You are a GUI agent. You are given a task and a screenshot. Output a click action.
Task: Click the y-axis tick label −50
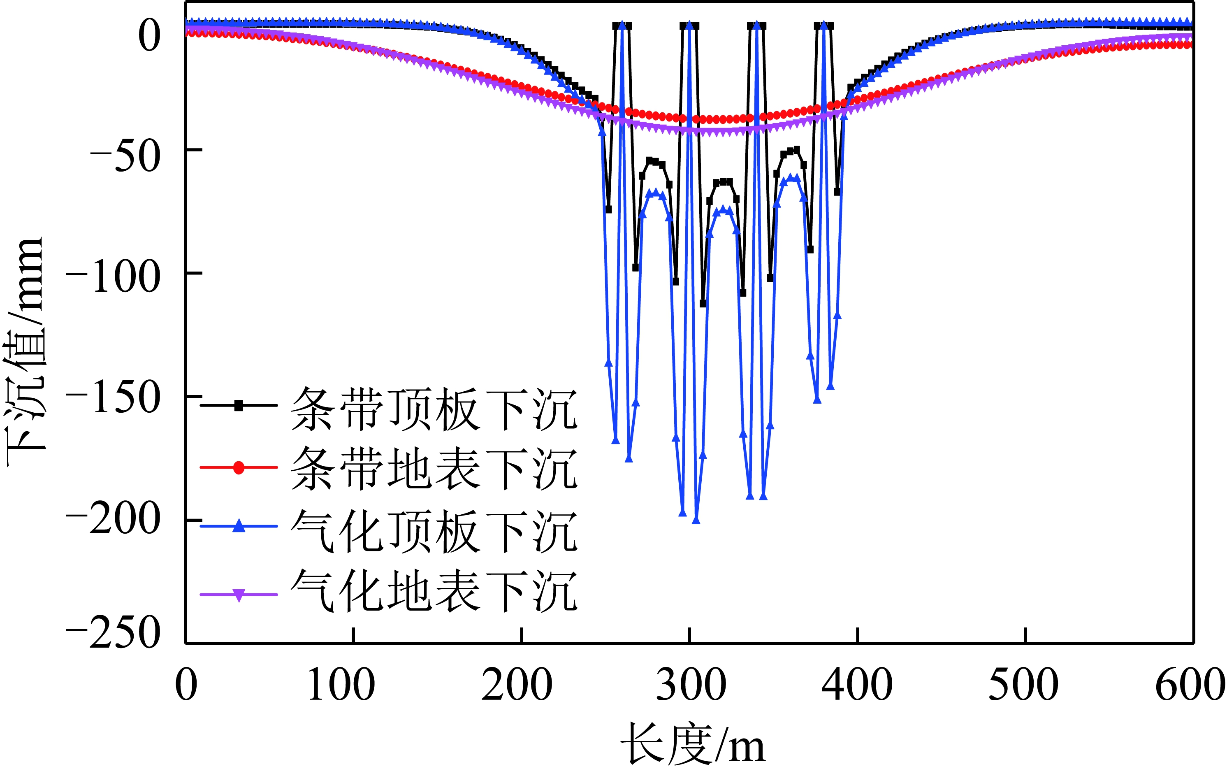click(125, 156)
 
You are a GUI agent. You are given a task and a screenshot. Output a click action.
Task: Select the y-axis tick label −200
click(114, 522)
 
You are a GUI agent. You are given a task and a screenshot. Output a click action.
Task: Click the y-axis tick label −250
click(114, 633)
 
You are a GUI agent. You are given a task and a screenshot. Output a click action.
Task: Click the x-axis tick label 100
click(341, 686)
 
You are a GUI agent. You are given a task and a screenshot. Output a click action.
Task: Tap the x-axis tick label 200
click(517, 686)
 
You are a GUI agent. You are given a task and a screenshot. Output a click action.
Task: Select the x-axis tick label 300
click(691, 686)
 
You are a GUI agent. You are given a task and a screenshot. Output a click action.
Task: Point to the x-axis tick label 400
click(857, 686)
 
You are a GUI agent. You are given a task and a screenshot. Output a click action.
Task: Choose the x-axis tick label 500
click(1024, 686)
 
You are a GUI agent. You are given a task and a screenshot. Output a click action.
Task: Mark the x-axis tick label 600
click(1190, 686)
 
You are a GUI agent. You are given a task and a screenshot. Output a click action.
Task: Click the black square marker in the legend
click(239, 406)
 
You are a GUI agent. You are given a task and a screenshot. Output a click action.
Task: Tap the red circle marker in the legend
click(239, 467)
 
